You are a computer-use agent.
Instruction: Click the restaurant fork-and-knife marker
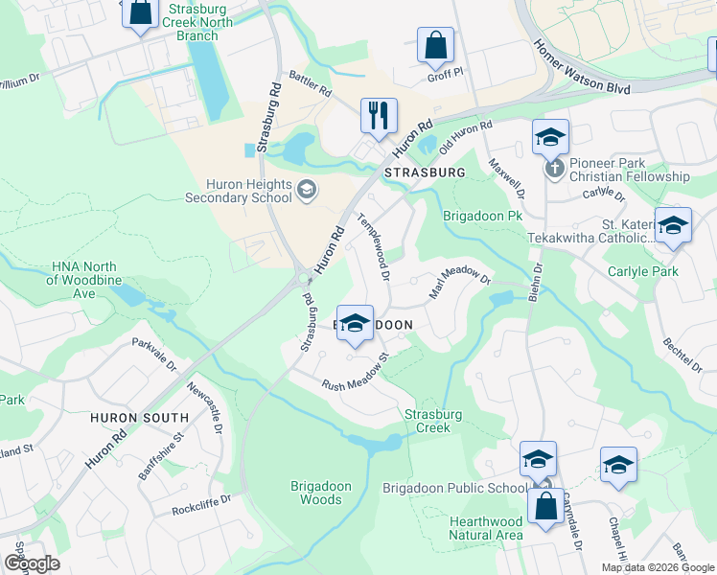(x=379, y=116)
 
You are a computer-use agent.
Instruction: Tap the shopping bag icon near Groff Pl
(x=435, y=44)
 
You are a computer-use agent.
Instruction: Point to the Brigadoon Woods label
(x=315, y=493)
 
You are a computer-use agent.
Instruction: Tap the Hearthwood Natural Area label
(x=485, y=527)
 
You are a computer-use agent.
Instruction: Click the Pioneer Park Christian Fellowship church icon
(x=553, y=169)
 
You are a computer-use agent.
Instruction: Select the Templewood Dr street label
(x=373, y=246)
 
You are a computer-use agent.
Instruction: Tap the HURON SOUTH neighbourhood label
(x=139, y=418)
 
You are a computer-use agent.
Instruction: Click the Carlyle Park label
(x=643, y=271)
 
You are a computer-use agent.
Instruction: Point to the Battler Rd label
(x=311, y=84)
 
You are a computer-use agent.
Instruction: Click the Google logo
(x=32, y=563)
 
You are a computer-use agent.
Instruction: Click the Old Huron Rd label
(x=465, y=138)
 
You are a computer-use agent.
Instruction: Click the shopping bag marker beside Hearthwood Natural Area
(x=545, y=508)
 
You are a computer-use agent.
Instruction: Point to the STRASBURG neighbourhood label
(x=424, y=172)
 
